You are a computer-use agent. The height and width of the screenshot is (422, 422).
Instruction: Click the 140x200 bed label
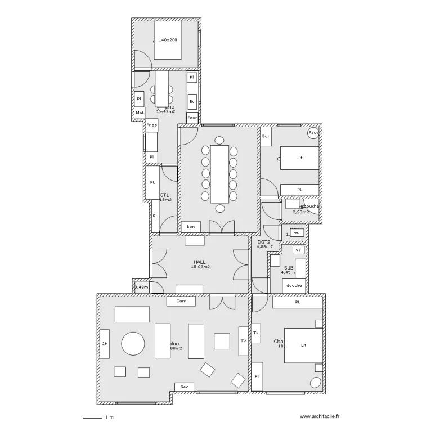point(167,41)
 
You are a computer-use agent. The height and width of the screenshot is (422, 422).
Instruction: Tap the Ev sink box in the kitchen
point(192,102)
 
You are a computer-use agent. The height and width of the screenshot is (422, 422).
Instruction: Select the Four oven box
point(192,118)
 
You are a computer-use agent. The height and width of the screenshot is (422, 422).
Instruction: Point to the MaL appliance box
point(140,113)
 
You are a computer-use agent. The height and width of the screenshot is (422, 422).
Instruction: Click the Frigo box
point(152,125)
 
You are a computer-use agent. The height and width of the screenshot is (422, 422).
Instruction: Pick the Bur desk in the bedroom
point(266,136)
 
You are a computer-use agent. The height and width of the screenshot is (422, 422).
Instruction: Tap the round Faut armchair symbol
point(313,133)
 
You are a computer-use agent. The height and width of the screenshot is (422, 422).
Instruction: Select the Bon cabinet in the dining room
point(190,227)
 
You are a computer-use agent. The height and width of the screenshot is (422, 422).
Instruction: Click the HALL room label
point(199,262)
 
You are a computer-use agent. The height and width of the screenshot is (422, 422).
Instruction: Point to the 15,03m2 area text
point(200,267)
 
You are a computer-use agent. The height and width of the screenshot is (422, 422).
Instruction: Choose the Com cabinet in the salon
point(181,301)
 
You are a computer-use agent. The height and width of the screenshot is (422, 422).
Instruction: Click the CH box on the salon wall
point(105,343)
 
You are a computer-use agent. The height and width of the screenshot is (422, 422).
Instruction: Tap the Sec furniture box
point(184,387)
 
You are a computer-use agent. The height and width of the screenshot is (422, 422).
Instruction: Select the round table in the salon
point(133,343)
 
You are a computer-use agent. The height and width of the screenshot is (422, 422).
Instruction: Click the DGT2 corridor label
point(264,241)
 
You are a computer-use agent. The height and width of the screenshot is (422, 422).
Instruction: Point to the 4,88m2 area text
point(264,246)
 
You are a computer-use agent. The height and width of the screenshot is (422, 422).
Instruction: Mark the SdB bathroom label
point(289,268)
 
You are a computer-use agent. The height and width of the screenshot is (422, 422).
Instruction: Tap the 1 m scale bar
point(93,417)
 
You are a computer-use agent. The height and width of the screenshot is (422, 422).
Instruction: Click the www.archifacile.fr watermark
point(320,417)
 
